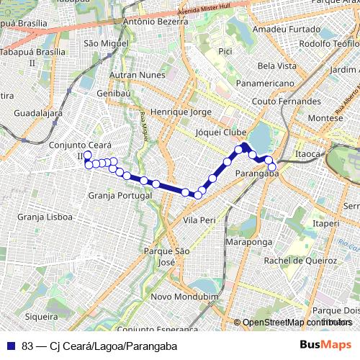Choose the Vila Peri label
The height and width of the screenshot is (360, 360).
click(x=199, y=219)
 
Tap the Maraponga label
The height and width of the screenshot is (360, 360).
click(x=246, y=243)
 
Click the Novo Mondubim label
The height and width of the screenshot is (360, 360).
click(x=185, y=297)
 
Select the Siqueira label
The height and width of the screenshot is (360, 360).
click(x=41, y=316)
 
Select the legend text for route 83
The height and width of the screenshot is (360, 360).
click(x=99, y=346)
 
